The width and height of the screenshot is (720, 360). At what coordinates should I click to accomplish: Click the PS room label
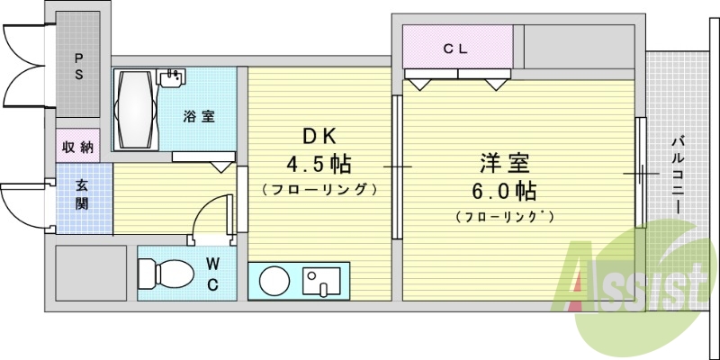(x=79, y=67)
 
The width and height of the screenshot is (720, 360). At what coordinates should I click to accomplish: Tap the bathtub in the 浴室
(x=135, y=112)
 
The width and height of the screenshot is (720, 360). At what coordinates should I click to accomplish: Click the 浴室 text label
(x=198, y=116)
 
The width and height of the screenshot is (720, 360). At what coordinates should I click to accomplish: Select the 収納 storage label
(x=78, y=148)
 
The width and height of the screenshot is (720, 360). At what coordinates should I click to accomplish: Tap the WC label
(x=212, y=274)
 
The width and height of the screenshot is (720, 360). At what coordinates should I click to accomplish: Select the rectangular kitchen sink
(x=320, y=281)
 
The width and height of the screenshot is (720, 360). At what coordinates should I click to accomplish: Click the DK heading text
(x=318, y=138)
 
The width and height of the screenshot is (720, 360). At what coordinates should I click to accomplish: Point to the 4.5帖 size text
(x=318, y=165)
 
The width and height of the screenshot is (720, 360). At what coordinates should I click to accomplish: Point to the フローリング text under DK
(x=318, y=190)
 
